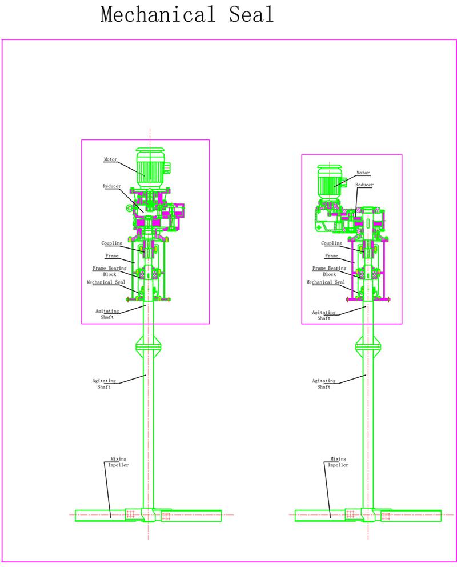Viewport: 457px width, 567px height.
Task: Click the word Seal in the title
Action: pos(251,15)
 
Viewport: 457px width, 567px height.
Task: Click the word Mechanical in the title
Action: pos(158,15)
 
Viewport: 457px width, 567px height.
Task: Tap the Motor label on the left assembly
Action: pos(111,159)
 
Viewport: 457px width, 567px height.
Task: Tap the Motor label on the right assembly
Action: pos(363,173)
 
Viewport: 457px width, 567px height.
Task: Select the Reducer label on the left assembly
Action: pos(111,186)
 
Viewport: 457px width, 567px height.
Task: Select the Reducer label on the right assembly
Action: pos(364,185)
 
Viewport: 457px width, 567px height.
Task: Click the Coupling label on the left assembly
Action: pos(111,243)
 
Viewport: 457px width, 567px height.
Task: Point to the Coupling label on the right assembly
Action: pos(331,243)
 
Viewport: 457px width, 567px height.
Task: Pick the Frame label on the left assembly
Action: pos(111,255)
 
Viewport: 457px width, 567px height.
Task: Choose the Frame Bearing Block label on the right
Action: pos(329,271)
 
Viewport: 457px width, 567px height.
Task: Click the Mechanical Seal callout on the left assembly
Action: pos(106,282)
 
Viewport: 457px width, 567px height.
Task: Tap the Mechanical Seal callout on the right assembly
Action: pos(326,282)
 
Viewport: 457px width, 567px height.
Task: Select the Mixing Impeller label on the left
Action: pos(118,462)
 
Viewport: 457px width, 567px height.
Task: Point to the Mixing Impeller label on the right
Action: pos(338,462)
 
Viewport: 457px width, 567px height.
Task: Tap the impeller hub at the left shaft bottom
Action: pos(149,515)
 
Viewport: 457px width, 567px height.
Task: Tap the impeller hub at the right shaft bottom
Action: pos(368,515)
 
